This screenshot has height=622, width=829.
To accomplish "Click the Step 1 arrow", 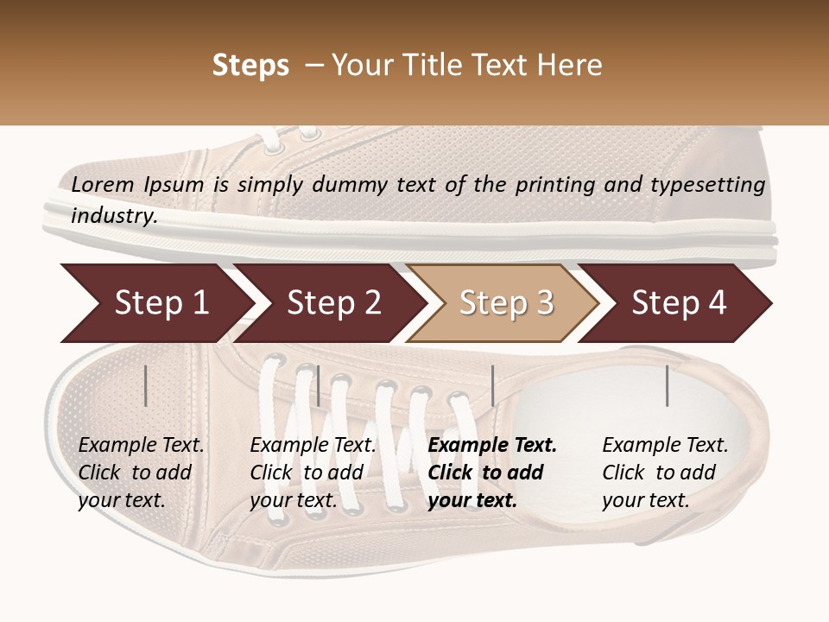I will click(x=155, y=303).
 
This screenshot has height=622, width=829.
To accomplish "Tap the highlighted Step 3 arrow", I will click(x=505, y=303).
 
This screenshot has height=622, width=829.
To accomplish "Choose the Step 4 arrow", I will click(x=678, y=303).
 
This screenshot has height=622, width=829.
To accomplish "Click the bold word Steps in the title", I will click(x=250, y=66).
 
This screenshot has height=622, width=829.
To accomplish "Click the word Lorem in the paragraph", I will click(x=103, y=184).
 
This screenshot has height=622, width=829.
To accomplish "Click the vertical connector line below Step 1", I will click(x=146, y=385).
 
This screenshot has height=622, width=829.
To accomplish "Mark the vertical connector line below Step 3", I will click(x=492, y=385).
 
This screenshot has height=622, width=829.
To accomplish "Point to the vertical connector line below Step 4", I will click(x=667, y=385).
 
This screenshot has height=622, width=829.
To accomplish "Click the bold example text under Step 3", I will click(x=491, y=473).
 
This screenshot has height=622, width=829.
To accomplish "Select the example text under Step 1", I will click(x=140, y=473).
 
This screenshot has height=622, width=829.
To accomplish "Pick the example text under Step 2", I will click(x=312, y=473).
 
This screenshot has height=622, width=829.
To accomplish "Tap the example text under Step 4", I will click(x=664, y=473).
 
